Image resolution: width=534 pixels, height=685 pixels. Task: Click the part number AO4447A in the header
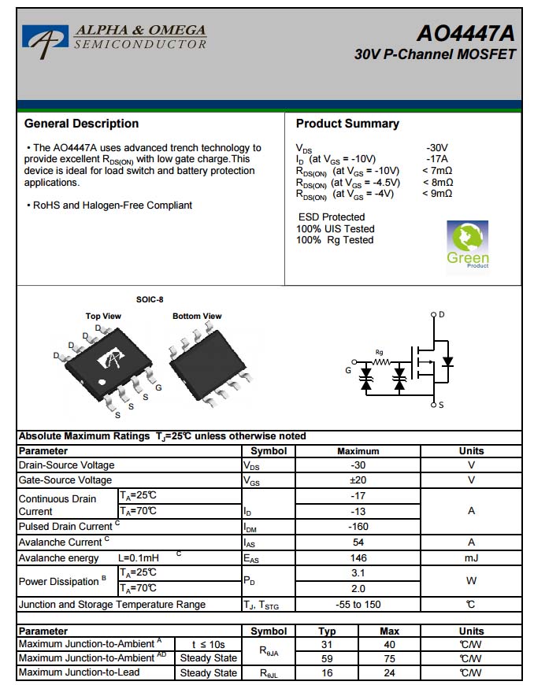tap(465, 34)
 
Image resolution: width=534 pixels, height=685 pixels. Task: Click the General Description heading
tap(81, 124)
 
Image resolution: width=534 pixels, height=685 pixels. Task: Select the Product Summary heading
tap(347, 124)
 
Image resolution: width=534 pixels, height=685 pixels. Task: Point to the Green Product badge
tap(468, 245)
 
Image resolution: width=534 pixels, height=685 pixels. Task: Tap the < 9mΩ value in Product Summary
tap(437, 194)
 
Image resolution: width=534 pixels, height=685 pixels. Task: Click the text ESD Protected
tap(332, 217)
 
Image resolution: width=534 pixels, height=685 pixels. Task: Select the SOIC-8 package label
tap(150, 299)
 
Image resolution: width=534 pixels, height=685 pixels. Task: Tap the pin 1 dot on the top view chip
tap(102, 383)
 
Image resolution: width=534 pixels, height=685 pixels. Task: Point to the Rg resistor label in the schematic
tap(380, 352)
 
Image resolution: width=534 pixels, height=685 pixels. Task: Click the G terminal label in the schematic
tap(348, 370)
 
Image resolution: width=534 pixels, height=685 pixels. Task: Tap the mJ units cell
tap(471, 557)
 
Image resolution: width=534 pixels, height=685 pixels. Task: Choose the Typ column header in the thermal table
tap(327, 631)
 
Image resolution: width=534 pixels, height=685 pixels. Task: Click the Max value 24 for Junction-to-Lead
tap(389, 673)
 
